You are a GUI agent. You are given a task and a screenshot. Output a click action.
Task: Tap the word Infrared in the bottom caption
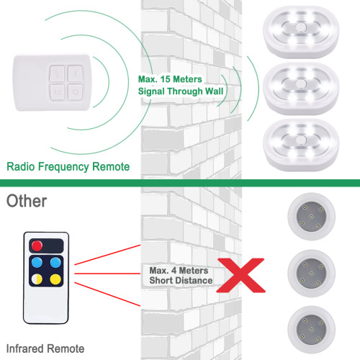point(27,348)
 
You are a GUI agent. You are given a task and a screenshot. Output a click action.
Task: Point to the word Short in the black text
point(159,280)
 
